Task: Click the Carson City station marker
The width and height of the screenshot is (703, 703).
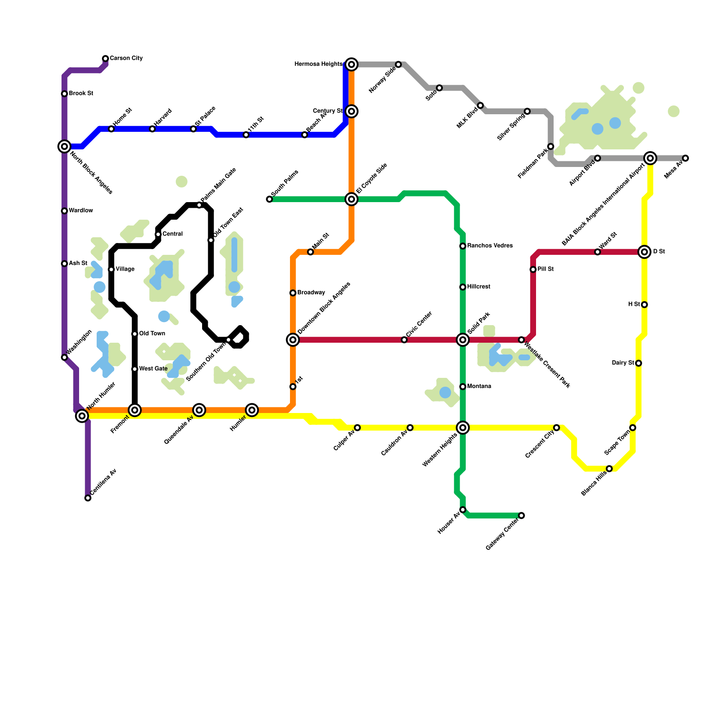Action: point(105,58)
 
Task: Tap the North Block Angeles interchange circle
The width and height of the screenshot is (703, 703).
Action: point(65,146)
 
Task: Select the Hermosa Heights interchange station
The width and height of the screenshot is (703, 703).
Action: point(351,65)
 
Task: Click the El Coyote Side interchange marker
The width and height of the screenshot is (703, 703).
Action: point(351,199)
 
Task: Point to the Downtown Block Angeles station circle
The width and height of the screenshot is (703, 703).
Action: point(293,340)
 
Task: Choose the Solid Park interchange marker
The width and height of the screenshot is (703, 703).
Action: point(463,340)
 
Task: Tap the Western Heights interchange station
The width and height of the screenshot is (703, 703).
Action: point(463,428)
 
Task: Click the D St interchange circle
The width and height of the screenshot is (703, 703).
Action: point(645,252)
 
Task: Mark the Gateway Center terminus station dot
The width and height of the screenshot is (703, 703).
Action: point(522,515)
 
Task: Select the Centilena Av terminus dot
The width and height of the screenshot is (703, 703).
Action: point(88,498)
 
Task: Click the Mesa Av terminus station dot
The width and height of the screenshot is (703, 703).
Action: point(685,158)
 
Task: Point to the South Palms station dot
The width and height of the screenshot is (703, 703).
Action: point(269,199)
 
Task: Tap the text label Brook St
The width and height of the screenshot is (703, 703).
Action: point(81,94)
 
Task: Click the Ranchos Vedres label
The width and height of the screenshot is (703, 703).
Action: point(490,246)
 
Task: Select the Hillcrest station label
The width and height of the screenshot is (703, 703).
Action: point(479,287)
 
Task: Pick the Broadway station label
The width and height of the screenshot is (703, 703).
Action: point(311,293)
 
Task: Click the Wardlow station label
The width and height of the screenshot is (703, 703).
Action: point(81,211)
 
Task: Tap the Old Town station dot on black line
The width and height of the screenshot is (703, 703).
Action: point(135,334)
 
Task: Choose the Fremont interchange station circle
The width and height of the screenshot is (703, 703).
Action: point(135,410)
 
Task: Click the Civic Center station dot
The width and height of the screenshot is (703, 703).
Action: point(404,340)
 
